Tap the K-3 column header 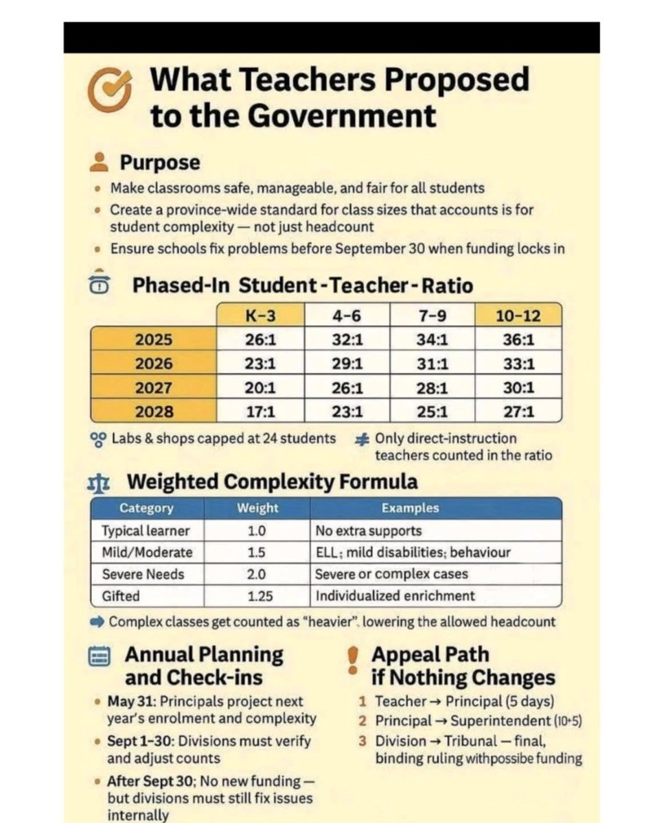(x=261, y=315)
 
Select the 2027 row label (x=154, y=387)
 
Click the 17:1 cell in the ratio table (x=261, y=412)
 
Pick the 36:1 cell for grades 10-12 (x=518, y=339)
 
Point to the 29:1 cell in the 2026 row (x=347, y=363)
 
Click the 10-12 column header (x=518, y=315)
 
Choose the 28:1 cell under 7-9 (x=433, y=388)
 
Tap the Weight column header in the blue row (x=257, y=508)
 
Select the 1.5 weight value (x=257, y=552)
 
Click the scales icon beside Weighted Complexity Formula (x=98, y=482)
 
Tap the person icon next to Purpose (x=100, y=163)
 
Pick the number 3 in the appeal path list (x=362, y=741)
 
